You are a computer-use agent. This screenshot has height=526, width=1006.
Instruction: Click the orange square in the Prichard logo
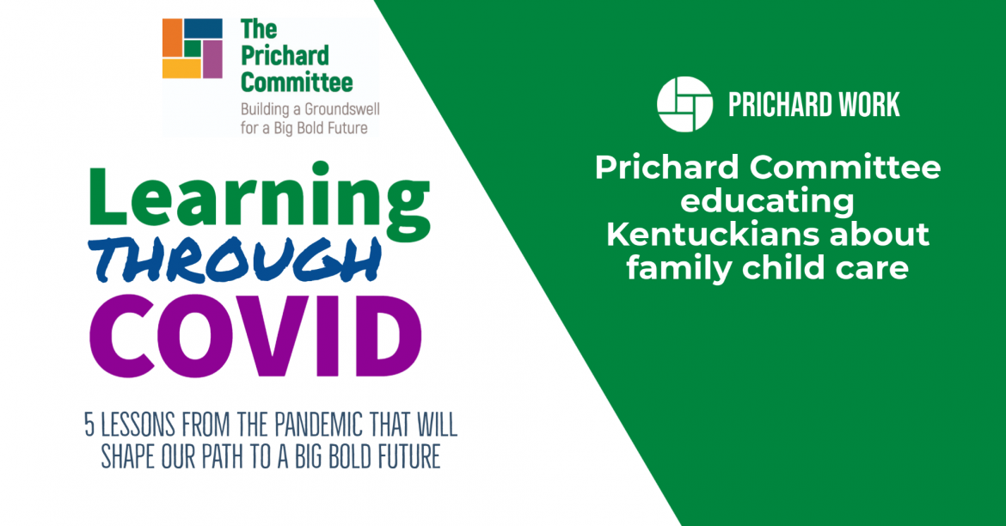(x=172, y=38)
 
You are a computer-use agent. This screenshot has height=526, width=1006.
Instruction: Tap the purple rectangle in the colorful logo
(x=213, y=59)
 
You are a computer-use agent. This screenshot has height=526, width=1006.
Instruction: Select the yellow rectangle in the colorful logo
(x=181, y=69)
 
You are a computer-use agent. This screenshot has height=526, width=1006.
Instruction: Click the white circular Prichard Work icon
(x=684, y=104)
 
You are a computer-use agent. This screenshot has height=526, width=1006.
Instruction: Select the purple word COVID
(x=255, y=338)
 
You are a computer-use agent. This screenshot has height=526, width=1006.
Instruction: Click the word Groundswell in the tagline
(x=342, y=110)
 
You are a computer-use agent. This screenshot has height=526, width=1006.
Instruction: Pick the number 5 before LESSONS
(x=89, y=425)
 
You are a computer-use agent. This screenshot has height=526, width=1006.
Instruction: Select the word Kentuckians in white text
(x=710, y=234)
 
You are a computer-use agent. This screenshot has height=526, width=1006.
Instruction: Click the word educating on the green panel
(x=767, y=201)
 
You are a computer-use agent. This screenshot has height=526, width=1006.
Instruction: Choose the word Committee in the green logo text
(x=297, y=83)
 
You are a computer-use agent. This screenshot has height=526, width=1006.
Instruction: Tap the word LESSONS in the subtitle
(x=138, y=425)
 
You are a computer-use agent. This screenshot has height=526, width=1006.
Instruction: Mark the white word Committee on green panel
(x=845, y=168)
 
